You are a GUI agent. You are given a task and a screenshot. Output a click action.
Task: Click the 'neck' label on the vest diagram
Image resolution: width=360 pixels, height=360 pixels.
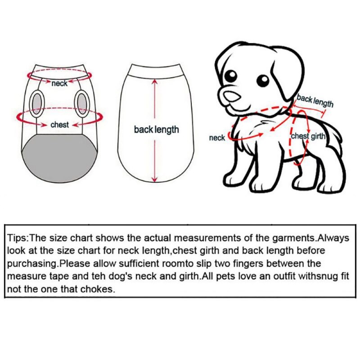pos(59,83)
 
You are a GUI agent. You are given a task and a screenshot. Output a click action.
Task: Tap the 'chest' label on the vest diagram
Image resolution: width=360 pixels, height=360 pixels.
pos(59,125)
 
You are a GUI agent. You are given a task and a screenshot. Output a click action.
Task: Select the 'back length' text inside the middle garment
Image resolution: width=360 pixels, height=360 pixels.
pos(156,130)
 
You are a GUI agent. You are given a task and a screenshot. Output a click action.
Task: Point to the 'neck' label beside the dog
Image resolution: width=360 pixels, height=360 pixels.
pos(217,138)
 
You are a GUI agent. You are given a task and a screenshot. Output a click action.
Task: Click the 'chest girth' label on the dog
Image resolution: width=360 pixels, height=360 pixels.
pos(308,136)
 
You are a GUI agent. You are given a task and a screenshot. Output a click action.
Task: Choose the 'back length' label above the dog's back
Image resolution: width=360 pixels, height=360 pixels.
pos(315,101)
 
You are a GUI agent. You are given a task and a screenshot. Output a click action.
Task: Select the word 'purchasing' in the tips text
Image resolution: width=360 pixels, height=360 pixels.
pos(32,263)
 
